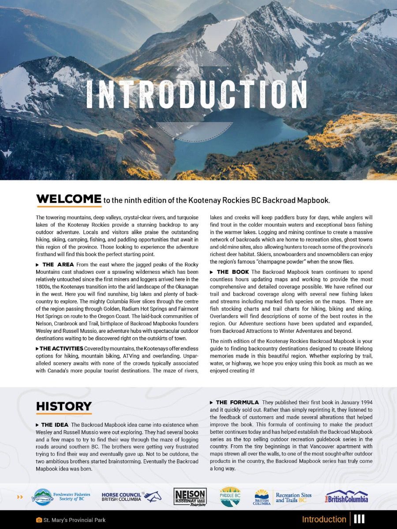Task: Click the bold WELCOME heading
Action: click(69, 199)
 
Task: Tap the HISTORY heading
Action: click(64, 406)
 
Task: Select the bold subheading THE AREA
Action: click(58, 264)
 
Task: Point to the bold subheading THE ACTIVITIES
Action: click(61, 348)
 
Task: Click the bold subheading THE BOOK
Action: click(232, 272)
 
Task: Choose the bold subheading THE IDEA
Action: click(55, 425)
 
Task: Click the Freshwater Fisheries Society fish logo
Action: click(42, 497)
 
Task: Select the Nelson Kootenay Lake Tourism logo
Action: click(190, 497)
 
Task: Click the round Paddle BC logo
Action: click(230, 496)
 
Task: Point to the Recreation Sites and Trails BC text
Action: click(293, 498)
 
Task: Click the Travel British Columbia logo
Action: click(347, 497)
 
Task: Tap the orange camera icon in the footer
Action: click(39, 520)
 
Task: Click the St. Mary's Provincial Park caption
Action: click(74, 520)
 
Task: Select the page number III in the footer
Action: click(359, 519)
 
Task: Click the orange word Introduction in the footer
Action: click(324, 519)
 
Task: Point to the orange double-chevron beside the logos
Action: click(20, 497)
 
